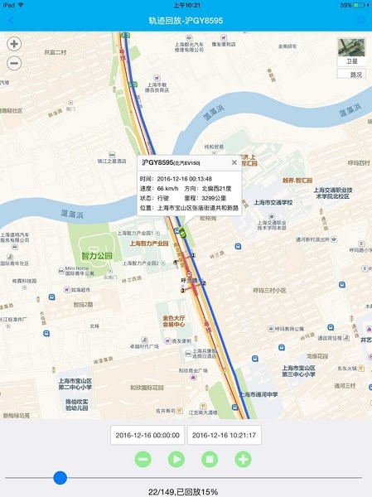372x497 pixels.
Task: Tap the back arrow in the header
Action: click(x=11, y=20)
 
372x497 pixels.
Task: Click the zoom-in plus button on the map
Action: click(x=14, y=45)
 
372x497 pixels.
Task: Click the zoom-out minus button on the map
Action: click(x=14, y=63)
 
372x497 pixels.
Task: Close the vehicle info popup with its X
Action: click(x=234, y=163)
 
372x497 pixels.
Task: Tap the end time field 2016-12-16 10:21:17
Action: click(x=224, y=435)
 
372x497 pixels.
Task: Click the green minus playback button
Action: click(x=143, y=458)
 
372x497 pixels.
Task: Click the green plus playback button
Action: click(x=242, y=458)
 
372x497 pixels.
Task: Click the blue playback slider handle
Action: click(x=60, y=477)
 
